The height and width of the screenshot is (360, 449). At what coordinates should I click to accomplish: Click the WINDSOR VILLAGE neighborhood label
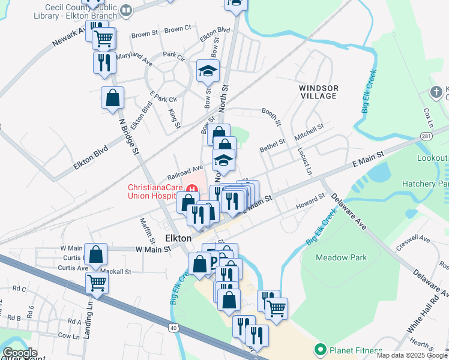click(x=319, y=92)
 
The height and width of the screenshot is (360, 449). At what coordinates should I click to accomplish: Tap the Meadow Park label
click(x=341, y=257)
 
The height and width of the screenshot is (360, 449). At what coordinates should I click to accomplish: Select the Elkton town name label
click(x=178, y=238)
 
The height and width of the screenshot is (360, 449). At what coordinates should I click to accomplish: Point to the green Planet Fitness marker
click(x=320, y=350)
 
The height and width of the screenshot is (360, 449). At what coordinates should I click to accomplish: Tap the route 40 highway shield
click(x=173, y=328)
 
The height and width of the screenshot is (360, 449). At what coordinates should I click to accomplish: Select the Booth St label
click(x=271, y=116)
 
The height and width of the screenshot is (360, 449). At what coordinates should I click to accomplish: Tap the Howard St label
click(x=311, y=202)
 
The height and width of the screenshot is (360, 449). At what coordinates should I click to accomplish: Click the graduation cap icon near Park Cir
click(x=208, y=71)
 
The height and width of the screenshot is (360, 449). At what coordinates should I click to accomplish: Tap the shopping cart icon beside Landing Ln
click(x=96, y=283)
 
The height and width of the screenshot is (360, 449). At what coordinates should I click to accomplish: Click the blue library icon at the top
click(x=126, y=10)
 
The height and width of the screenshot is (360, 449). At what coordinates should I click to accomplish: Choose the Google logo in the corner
click(x=19, y=353)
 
